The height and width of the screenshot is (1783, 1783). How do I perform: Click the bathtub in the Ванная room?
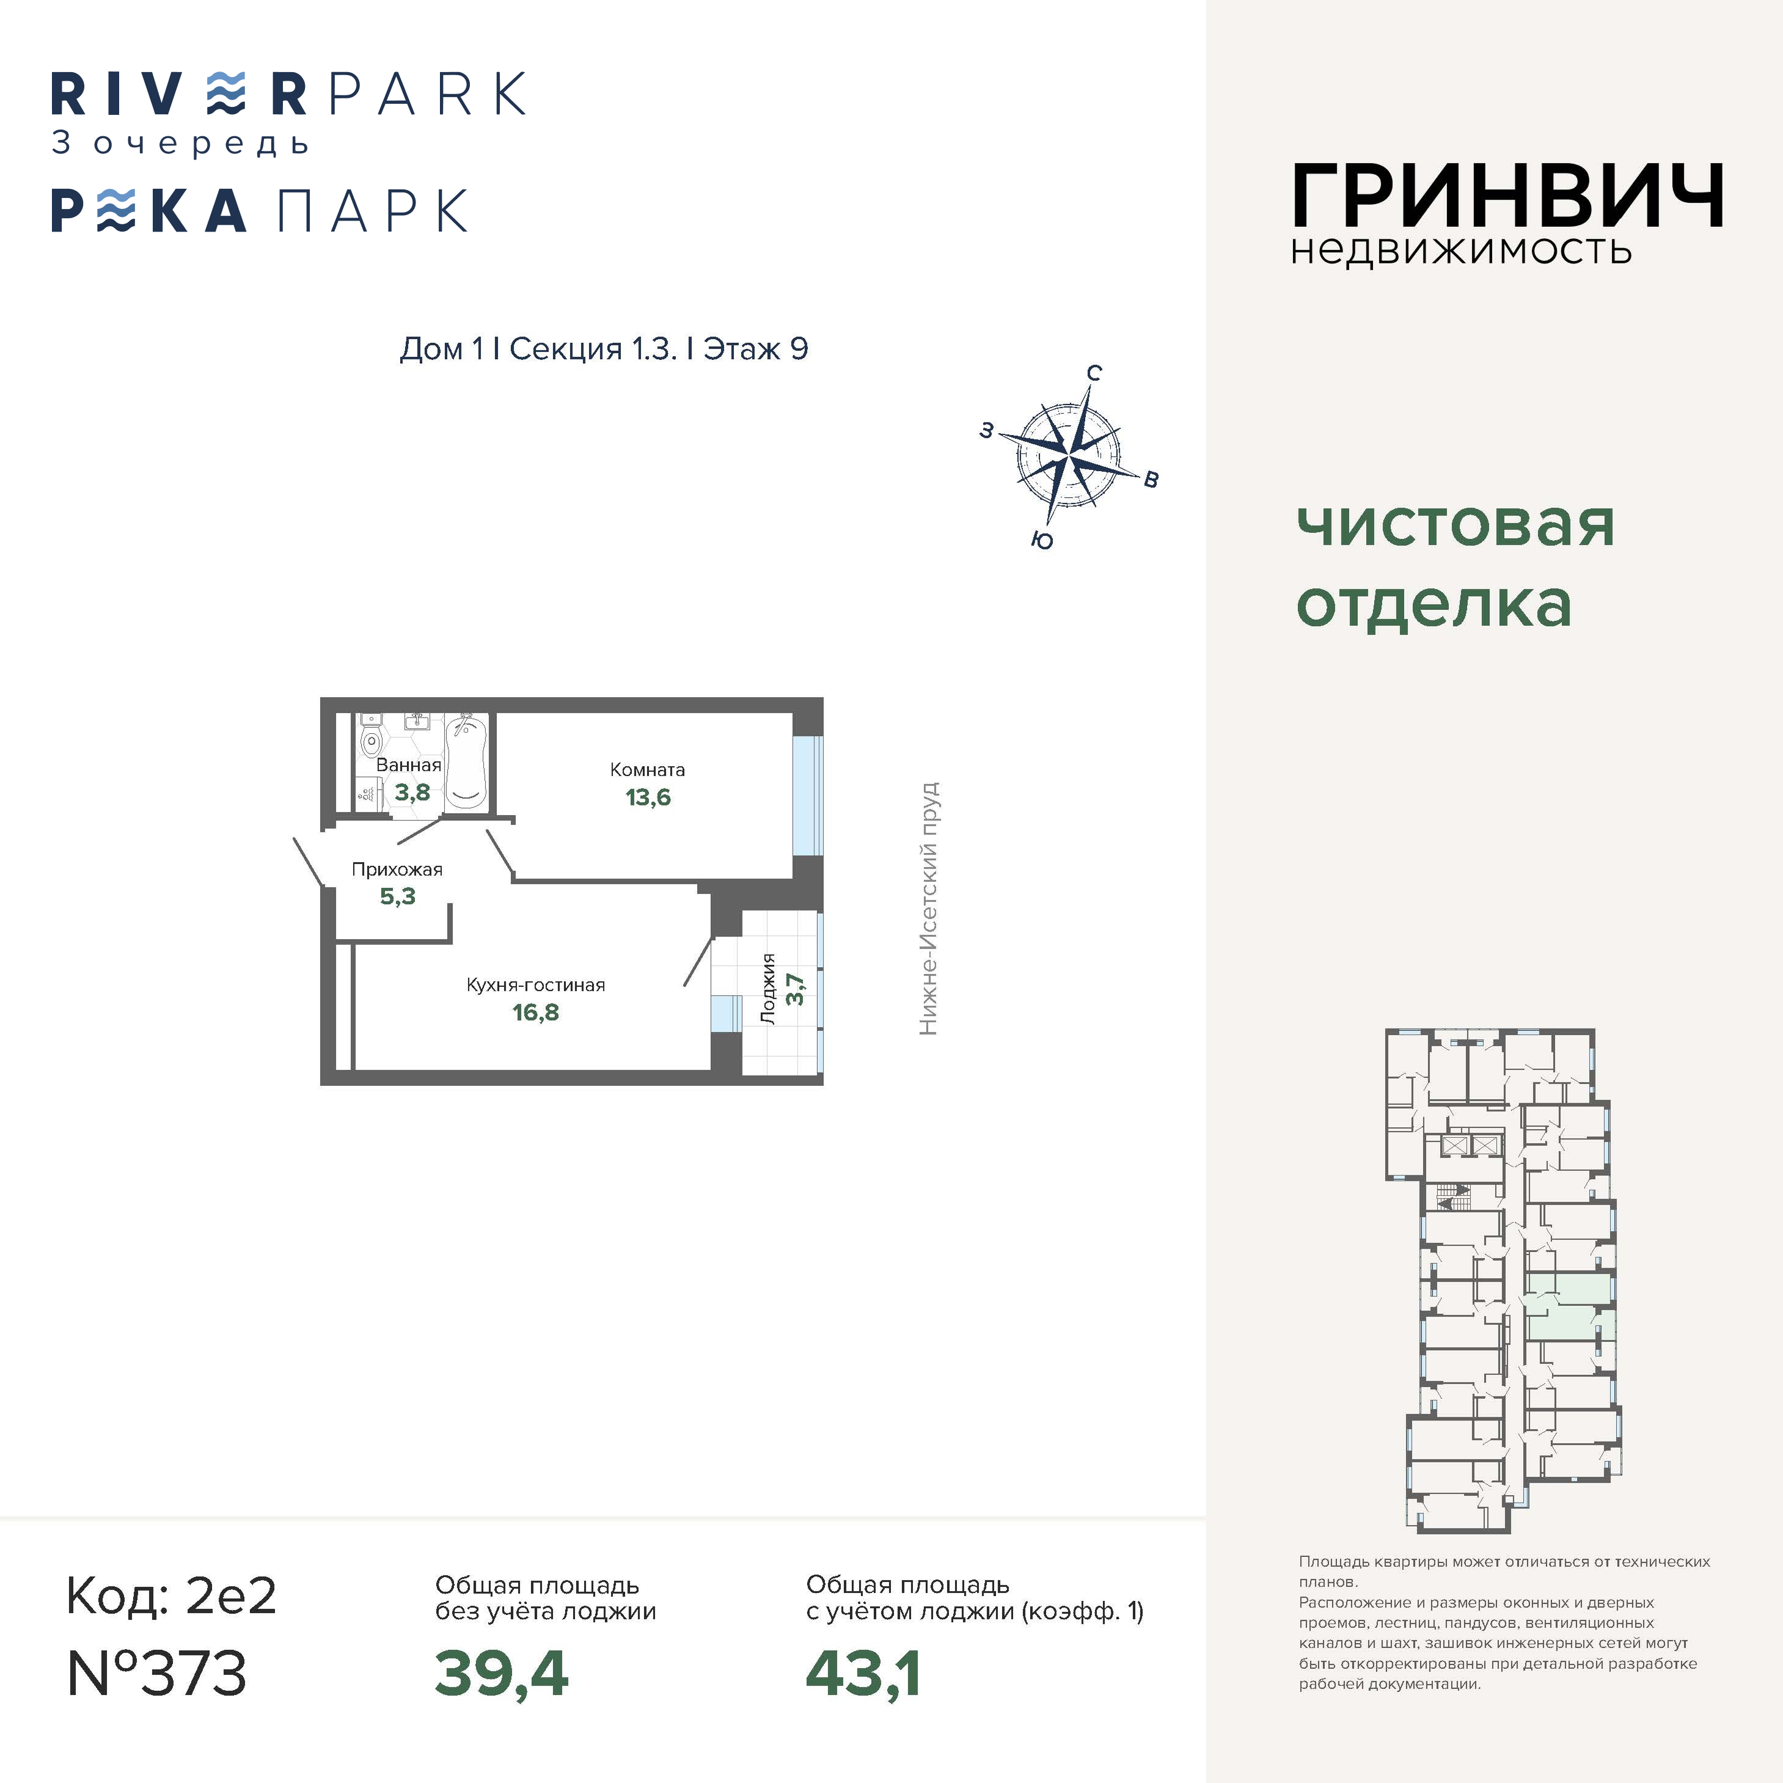(x=466, y=763)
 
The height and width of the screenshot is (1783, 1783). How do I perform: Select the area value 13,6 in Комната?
(x=648, y=797)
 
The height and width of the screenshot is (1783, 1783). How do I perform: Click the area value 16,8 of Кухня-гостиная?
(x=535, y=1012)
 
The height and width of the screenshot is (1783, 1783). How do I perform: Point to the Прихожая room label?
(x=397, y=870)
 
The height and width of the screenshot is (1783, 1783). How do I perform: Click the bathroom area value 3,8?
(x=412, y=792)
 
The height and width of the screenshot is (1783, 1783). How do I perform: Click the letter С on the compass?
(x=1094, y=373)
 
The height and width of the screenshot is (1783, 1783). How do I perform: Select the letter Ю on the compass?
(x=1042, y=541)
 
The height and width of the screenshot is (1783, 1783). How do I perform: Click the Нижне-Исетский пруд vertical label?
(x=928, y=909)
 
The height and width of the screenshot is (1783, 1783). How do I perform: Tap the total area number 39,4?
(x=501, y=1675)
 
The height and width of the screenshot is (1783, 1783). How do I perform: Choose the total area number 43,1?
(x=863, y=1675)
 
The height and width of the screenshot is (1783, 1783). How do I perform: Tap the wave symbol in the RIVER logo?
(x=226, y=93)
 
